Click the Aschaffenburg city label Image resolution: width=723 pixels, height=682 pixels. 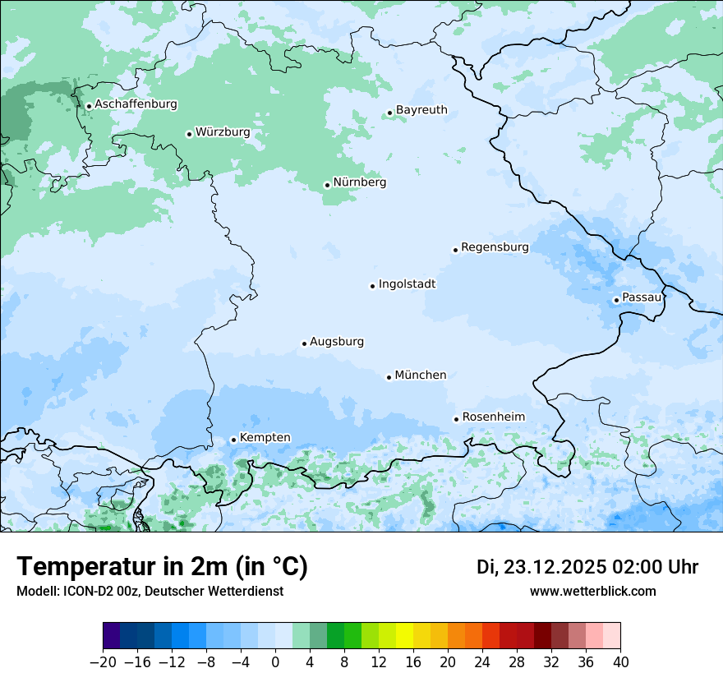click(136, 104)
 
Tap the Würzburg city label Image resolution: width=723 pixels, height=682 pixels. click(223, 132)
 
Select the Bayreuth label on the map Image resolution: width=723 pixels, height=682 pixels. click(421, 110)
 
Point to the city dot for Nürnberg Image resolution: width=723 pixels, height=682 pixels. click(327, 185)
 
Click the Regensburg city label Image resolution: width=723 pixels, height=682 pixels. click(495, 247)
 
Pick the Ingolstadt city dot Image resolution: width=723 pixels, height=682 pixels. click(372, 286)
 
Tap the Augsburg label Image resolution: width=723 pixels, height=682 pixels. click(337, 342)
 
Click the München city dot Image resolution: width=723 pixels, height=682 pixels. click(389, 377)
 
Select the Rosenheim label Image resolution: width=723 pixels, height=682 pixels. click(493, 417)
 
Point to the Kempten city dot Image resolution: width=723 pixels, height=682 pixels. click(233, 440)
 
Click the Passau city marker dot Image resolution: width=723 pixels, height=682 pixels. click(616, 300)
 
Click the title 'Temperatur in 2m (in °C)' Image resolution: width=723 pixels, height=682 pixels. click(162, 567)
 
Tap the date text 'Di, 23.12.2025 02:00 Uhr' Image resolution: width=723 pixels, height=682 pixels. click(587, 567)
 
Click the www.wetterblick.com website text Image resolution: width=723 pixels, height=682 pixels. click(592, 592)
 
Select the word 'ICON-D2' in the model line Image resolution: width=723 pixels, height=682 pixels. click(84, 592)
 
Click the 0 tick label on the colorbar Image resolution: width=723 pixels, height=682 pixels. click(275, 662)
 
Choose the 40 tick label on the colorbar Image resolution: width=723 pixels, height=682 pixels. click(620, 662)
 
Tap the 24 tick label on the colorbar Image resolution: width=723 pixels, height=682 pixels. click(482, 662)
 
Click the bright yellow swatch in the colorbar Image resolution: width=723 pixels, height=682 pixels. click(404, 636)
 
